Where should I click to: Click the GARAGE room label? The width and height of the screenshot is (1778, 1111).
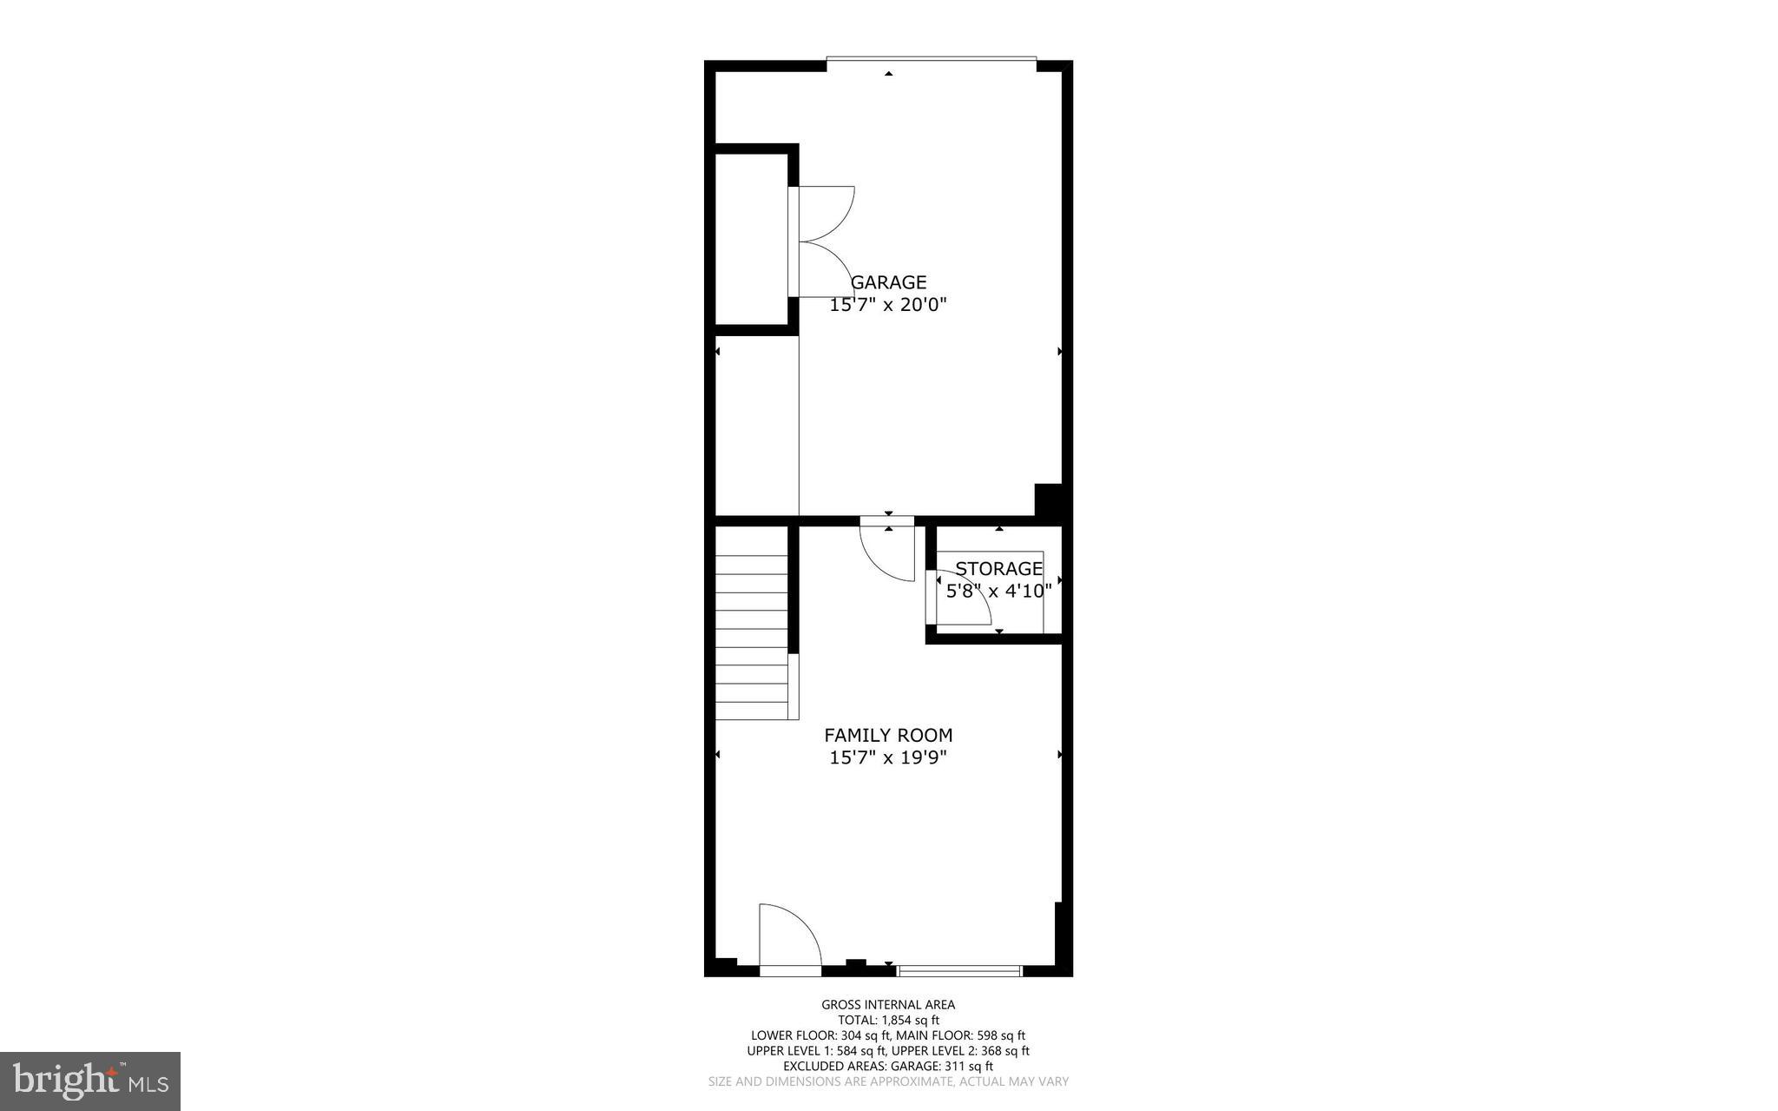(x=888, y=282)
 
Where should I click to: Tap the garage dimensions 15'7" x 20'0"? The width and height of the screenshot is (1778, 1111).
(x=888, y=305)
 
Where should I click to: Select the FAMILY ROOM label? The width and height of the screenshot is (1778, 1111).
(x=888, y=735)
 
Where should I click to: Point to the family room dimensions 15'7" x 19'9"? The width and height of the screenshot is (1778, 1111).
(x=888, y=757)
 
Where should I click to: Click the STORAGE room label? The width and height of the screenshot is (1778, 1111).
(x=998, y=569)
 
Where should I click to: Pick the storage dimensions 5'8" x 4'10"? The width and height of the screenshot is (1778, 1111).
(x=998, y=592)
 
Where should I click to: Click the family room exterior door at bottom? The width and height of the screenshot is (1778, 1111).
(x=789, y=938)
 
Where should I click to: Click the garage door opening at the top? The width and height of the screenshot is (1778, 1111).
(x=931, y=60)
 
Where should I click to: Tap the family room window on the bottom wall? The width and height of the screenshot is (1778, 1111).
(x=959, y=970)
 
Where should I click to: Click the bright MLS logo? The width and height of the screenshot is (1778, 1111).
(x=90, y=1081)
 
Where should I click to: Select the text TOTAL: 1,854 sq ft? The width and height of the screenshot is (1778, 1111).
(x=888, y=1021)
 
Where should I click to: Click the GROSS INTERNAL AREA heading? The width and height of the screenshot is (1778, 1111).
(x=888, y=1005)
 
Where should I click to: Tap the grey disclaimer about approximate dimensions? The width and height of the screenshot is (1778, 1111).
(x=888, y=1082)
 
